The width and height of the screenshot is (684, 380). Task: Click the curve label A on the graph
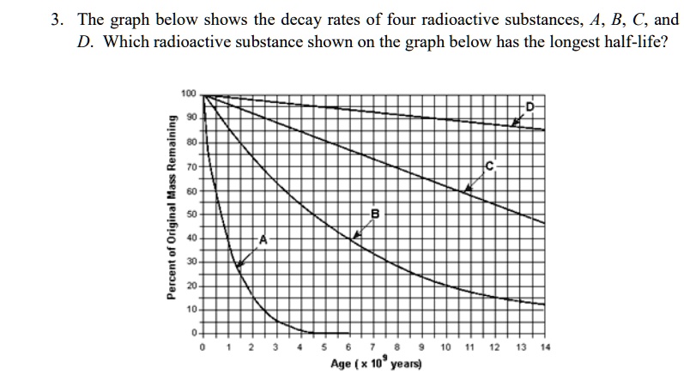263,240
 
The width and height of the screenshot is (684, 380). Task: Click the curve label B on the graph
375,213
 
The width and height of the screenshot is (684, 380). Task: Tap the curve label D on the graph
530,106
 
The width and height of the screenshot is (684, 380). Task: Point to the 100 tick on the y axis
188,93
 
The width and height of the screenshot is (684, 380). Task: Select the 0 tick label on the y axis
193,331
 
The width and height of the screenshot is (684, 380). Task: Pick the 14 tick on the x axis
544,348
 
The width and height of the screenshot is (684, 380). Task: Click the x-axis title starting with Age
374,364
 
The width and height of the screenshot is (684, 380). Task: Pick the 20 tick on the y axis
190,284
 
